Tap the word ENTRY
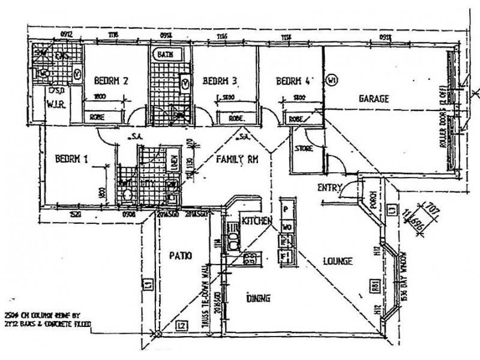(329, 187)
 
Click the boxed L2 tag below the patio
(182, 326)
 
